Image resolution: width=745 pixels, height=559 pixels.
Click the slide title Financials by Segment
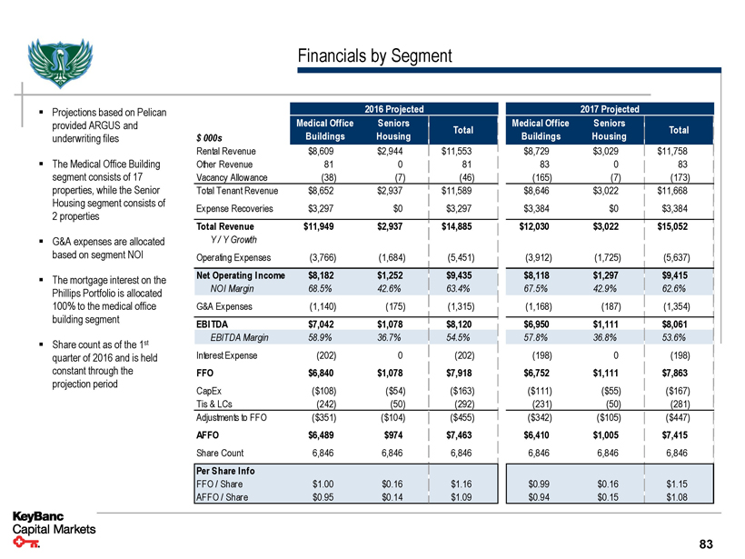pos(374,56)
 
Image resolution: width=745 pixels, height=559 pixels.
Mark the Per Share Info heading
pos(225,471)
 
